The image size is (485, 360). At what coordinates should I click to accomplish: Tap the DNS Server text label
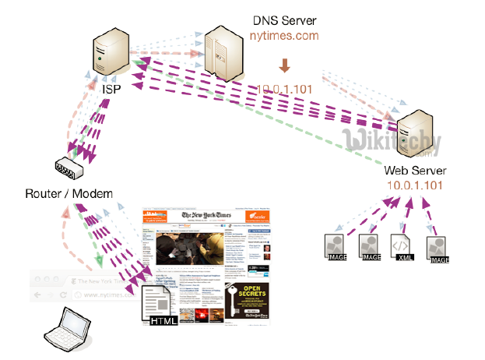click(284, 19)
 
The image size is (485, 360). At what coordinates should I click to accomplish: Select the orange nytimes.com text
click(284, 36)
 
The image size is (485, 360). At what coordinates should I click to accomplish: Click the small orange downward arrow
click(284, 63)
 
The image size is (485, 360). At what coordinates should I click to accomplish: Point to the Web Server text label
click(415, 171)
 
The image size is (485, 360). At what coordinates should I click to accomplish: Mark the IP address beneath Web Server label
click(415, 186)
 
